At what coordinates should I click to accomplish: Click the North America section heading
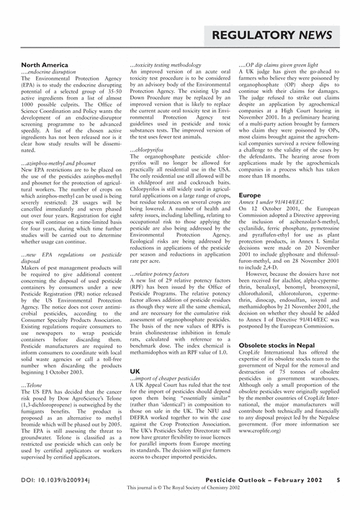coord(44,65)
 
